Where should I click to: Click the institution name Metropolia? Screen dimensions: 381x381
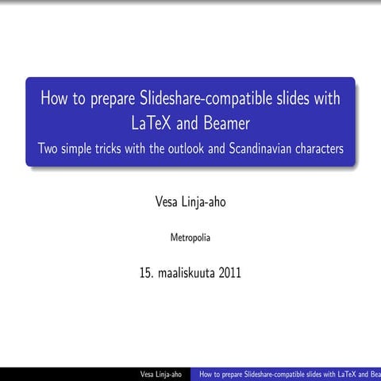[190, 237]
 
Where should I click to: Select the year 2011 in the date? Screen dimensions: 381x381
[227, 274]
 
